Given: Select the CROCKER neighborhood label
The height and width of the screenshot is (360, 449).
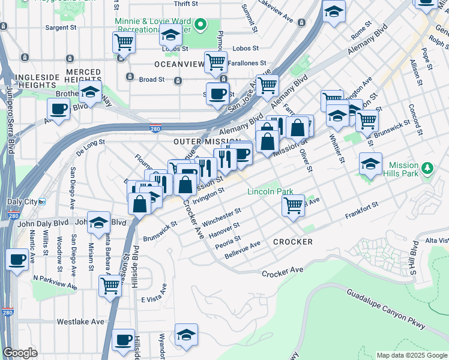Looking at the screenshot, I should (x=293, y=242).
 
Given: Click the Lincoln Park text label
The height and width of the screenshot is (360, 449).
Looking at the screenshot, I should (x=271, y=192).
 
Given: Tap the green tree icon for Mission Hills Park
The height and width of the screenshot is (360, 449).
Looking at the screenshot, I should (x=427, y=168).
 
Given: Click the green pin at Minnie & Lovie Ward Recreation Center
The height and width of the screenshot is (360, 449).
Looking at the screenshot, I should (x=202, y=25).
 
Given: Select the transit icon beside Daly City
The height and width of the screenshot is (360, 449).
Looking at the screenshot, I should (x=42, y=202).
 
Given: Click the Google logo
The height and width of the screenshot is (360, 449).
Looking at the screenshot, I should (x=20, y=353).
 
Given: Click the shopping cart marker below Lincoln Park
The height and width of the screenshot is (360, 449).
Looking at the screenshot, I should (x=293, y=205).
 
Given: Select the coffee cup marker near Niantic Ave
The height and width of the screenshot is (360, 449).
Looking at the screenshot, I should (x=17, y=260).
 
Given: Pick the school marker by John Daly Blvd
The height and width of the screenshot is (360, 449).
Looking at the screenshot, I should (x=98, y=223).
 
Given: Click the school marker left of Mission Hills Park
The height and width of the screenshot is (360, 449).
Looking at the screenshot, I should (x=370, y=163).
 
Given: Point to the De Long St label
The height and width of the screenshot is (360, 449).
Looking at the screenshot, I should (x=90, y=143).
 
